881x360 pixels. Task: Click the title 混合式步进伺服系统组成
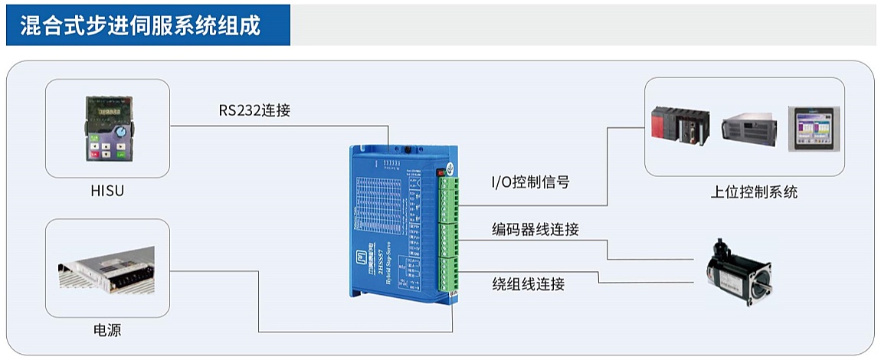click(139, 25)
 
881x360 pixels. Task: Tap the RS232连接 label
click(254, 110)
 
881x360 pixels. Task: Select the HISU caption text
click(107, 191)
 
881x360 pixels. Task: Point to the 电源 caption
click(107, 331)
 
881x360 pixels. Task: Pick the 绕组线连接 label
click(529, 284)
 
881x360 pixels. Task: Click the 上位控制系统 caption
click(754, 191)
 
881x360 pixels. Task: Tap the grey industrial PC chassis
click(748, 127)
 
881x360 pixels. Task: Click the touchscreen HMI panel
click(814, 128)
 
